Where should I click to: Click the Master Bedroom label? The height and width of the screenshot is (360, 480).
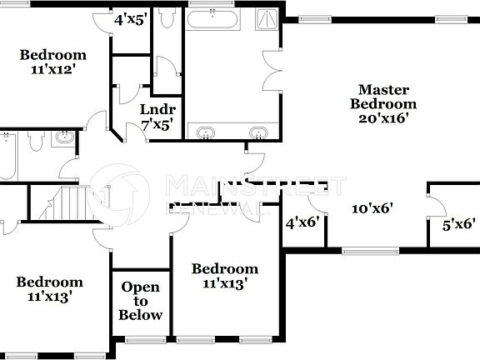click(382, 97)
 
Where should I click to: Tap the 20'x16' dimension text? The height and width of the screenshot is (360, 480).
click(382, 119)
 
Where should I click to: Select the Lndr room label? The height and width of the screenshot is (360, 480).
click(157, 110)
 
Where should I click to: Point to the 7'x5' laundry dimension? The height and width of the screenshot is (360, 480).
click(157, 125)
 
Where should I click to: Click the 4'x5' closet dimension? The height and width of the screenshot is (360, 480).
click(130, 18)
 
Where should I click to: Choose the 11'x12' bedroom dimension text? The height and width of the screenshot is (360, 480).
click(53, 71)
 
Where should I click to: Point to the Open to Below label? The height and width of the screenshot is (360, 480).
click(140, 301)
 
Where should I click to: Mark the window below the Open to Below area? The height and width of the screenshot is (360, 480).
click(139, 339)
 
